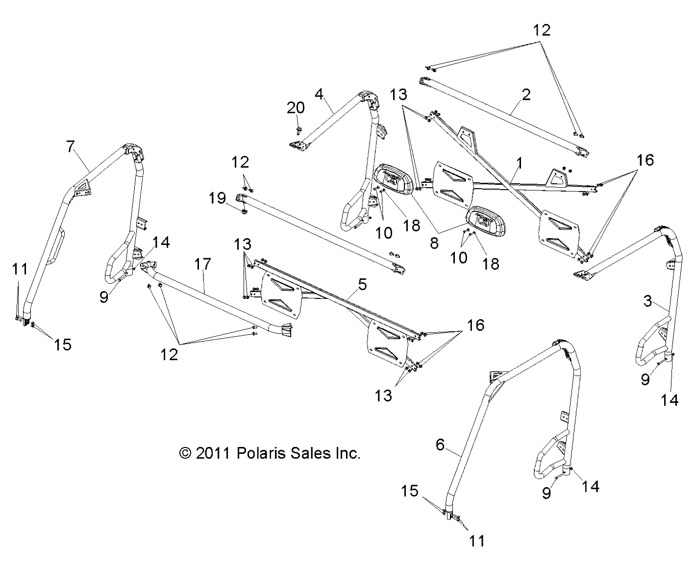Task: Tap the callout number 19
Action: (x=217, y=198)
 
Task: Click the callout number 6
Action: (x=440, y=445)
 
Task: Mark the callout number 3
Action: (x=647, y=301)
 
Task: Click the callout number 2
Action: (x=526, y=94)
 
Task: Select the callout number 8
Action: (x=434, y=243)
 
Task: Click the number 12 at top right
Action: (x=542, y=30)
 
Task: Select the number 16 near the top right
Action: (x=645, y=160)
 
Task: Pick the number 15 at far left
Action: (x=63, y=345)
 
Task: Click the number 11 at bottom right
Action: (x=476, y=541)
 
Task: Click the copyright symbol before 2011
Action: (x=185, y=453)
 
